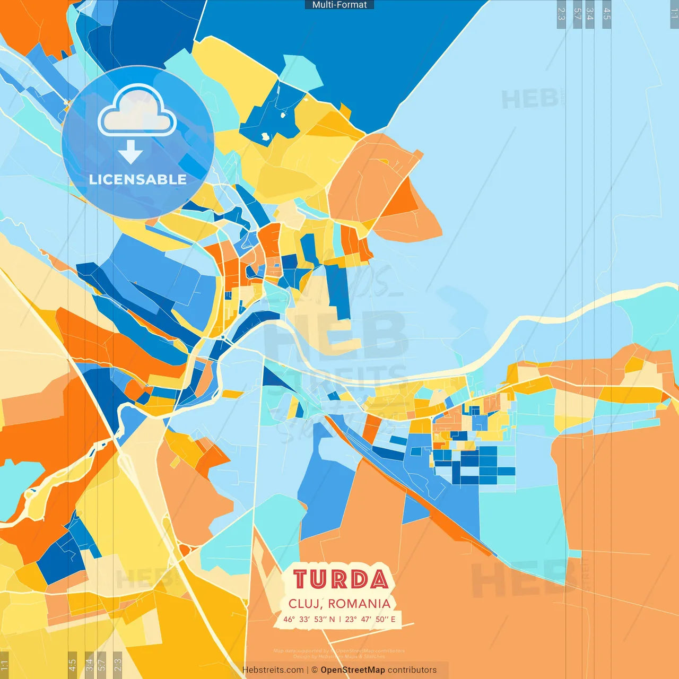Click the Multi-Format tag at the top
[339, 5]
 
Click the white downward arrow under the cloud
[130, 152]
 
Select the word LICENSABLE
[138, 179]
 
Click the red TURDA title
[340, 579]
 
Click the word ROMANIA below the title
[359, 604]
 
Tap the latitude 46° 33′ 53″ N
[309, 619]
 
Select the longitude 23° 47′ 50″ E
[370, 619]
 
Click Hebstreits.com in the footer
[273, 670]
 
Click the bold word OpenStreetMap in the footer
[353, 670]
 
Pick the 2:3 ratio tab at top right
[561, 14]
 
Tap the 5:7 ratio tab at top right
[577, 14]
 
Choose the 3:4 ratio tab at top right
[589, 14]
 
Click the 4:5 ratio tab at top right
[607, 14]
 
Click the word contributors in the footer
[412, 670]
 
